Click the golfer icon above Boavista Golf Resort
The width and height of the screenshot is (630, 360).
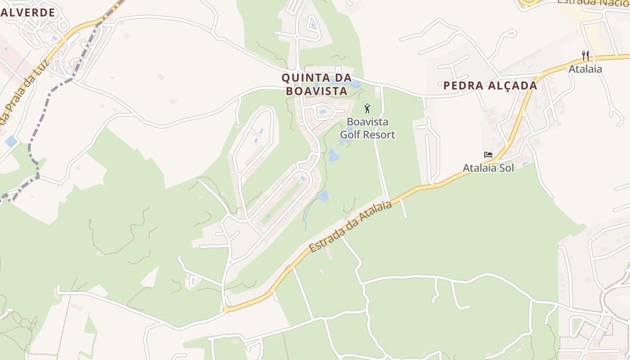367,108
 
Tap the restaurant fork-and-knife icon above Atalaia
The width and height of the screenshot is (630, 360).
585,56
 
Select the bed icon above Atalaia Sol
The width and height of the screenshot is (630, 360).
488,155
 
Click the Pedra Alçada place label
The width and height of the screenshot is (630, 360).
490,85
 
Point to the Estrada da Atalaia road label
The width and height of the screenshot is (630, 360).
350,227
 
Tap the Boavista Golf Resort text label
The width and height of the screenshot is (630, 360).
367,128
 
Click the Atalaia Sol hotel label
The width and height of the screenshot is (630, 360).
488,168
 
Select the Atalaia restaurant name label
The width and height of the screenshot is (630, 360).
585,69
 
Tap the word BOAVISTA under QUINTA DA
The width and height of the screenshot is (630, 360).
317,91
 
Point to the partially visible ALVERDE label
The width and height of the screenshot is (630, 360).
27,12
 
